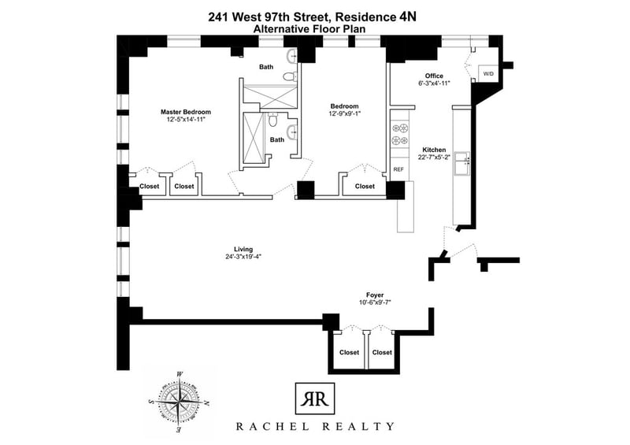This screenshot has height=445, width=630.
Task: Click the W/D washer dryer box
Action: [487, 74]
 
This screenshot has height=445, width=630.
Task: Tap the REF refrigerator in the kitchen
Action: [398, 169]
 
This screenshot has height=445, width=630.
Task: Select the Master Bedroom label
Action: [186, 112]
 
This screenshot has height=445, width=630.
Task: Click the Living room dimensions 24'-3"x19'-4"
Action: [243, 257]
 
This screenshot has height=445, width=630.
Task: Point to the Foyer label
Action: [375, 295]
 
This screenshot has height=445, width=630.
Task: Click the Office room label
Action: [434, 76]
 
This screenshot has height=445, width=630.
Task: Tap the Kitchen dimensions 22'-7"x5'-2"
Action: [434, 158]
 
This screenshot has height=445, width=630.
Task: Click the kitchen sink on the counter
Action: [461, 163]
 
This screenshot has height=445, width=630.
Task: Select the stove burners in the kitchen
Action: [400, 134]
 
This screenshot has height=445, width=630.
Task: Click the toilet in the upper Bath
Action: [290, 76]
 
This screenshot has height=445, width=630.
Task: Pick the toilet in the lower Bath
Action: [272, 119]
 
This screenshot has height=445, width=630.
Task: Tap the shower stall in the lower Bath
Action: [254, 138]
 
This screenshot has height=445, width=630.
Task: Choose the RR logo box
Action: [314, 399]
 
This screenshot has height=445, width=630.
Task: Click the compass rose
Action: [179, 401]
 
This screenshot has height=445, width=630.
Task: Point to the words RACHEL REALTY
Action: [314, 427]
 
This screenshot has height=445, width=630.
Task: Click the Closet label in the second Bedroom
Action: [365, 186]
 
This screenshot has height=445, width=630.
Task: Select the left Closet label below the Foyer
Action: [349, 352]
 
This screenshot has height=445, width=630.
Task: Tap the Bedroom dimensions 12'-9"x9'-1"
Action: [344, 113]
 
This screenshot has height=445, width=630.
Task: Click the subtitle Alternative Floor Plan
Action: [309, 29]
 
